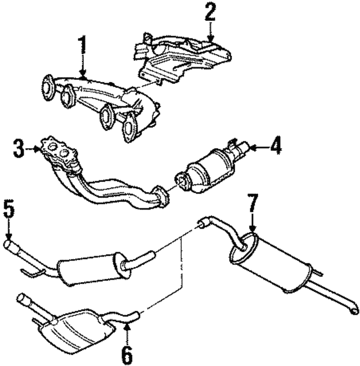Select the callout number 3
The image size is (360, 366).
[x=19, y=148]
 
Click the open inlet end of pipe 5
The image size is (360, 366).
[x=8, y=244]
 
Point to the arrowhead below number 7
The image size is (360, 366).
[x=253, y=229]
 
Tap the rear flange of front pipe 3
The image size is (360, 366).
[x=161, y=195]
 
